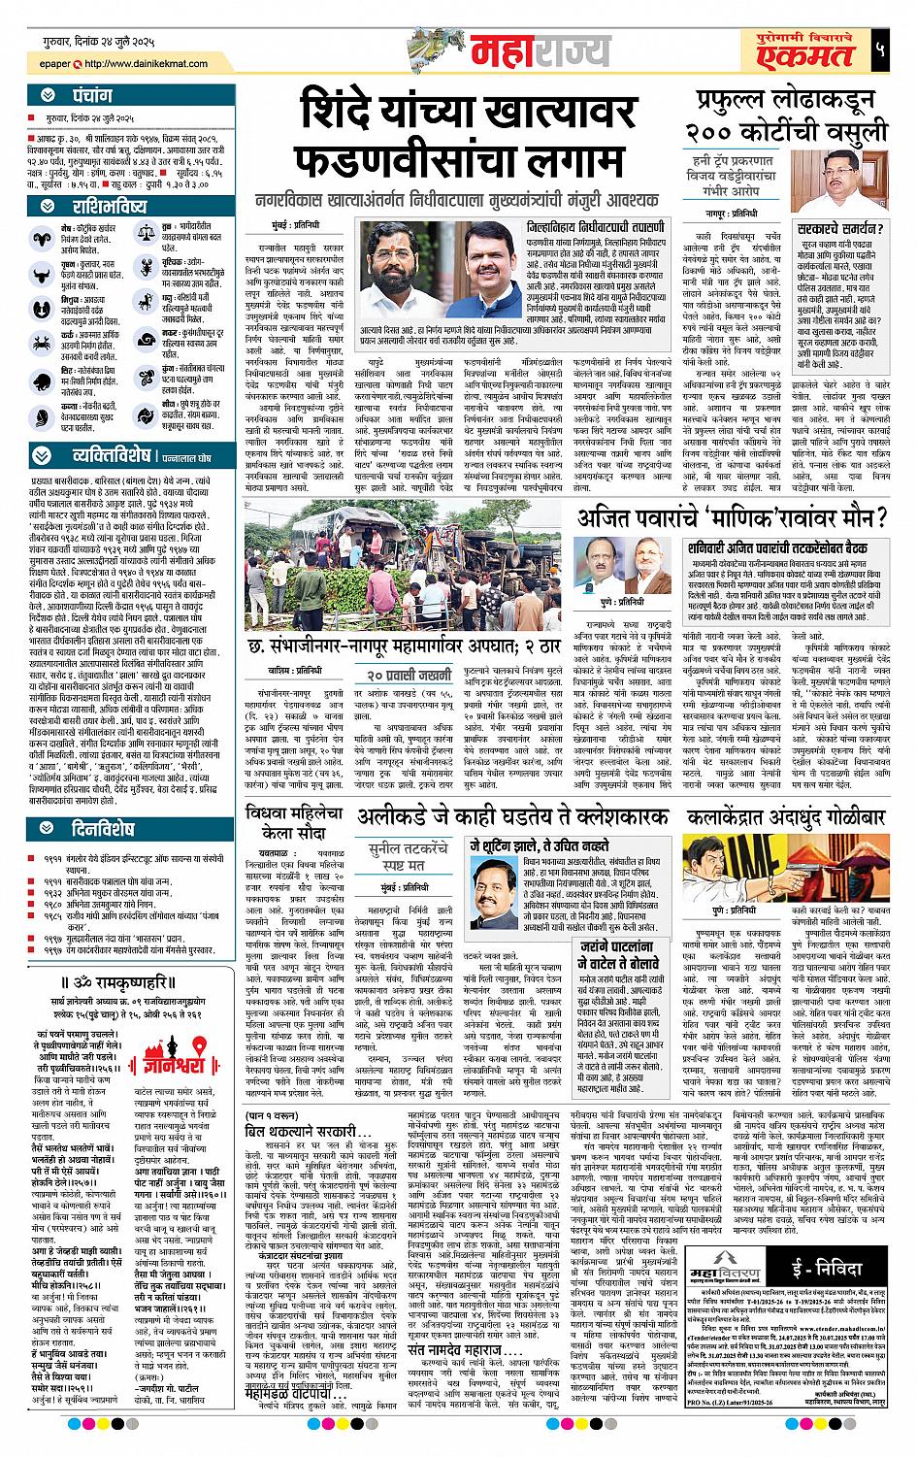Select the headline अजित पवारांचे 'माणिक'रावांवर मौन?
[733, 518]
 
